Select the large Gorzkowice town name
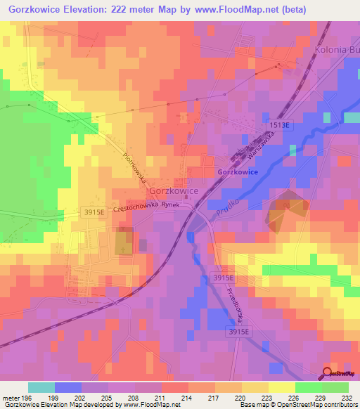(172, 191)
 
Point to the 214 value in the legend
(188, 397)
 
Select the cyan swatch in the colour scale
(41, 387)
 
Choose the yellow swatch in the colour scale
(281, 387)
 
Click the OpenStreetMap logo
(340, 375)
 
